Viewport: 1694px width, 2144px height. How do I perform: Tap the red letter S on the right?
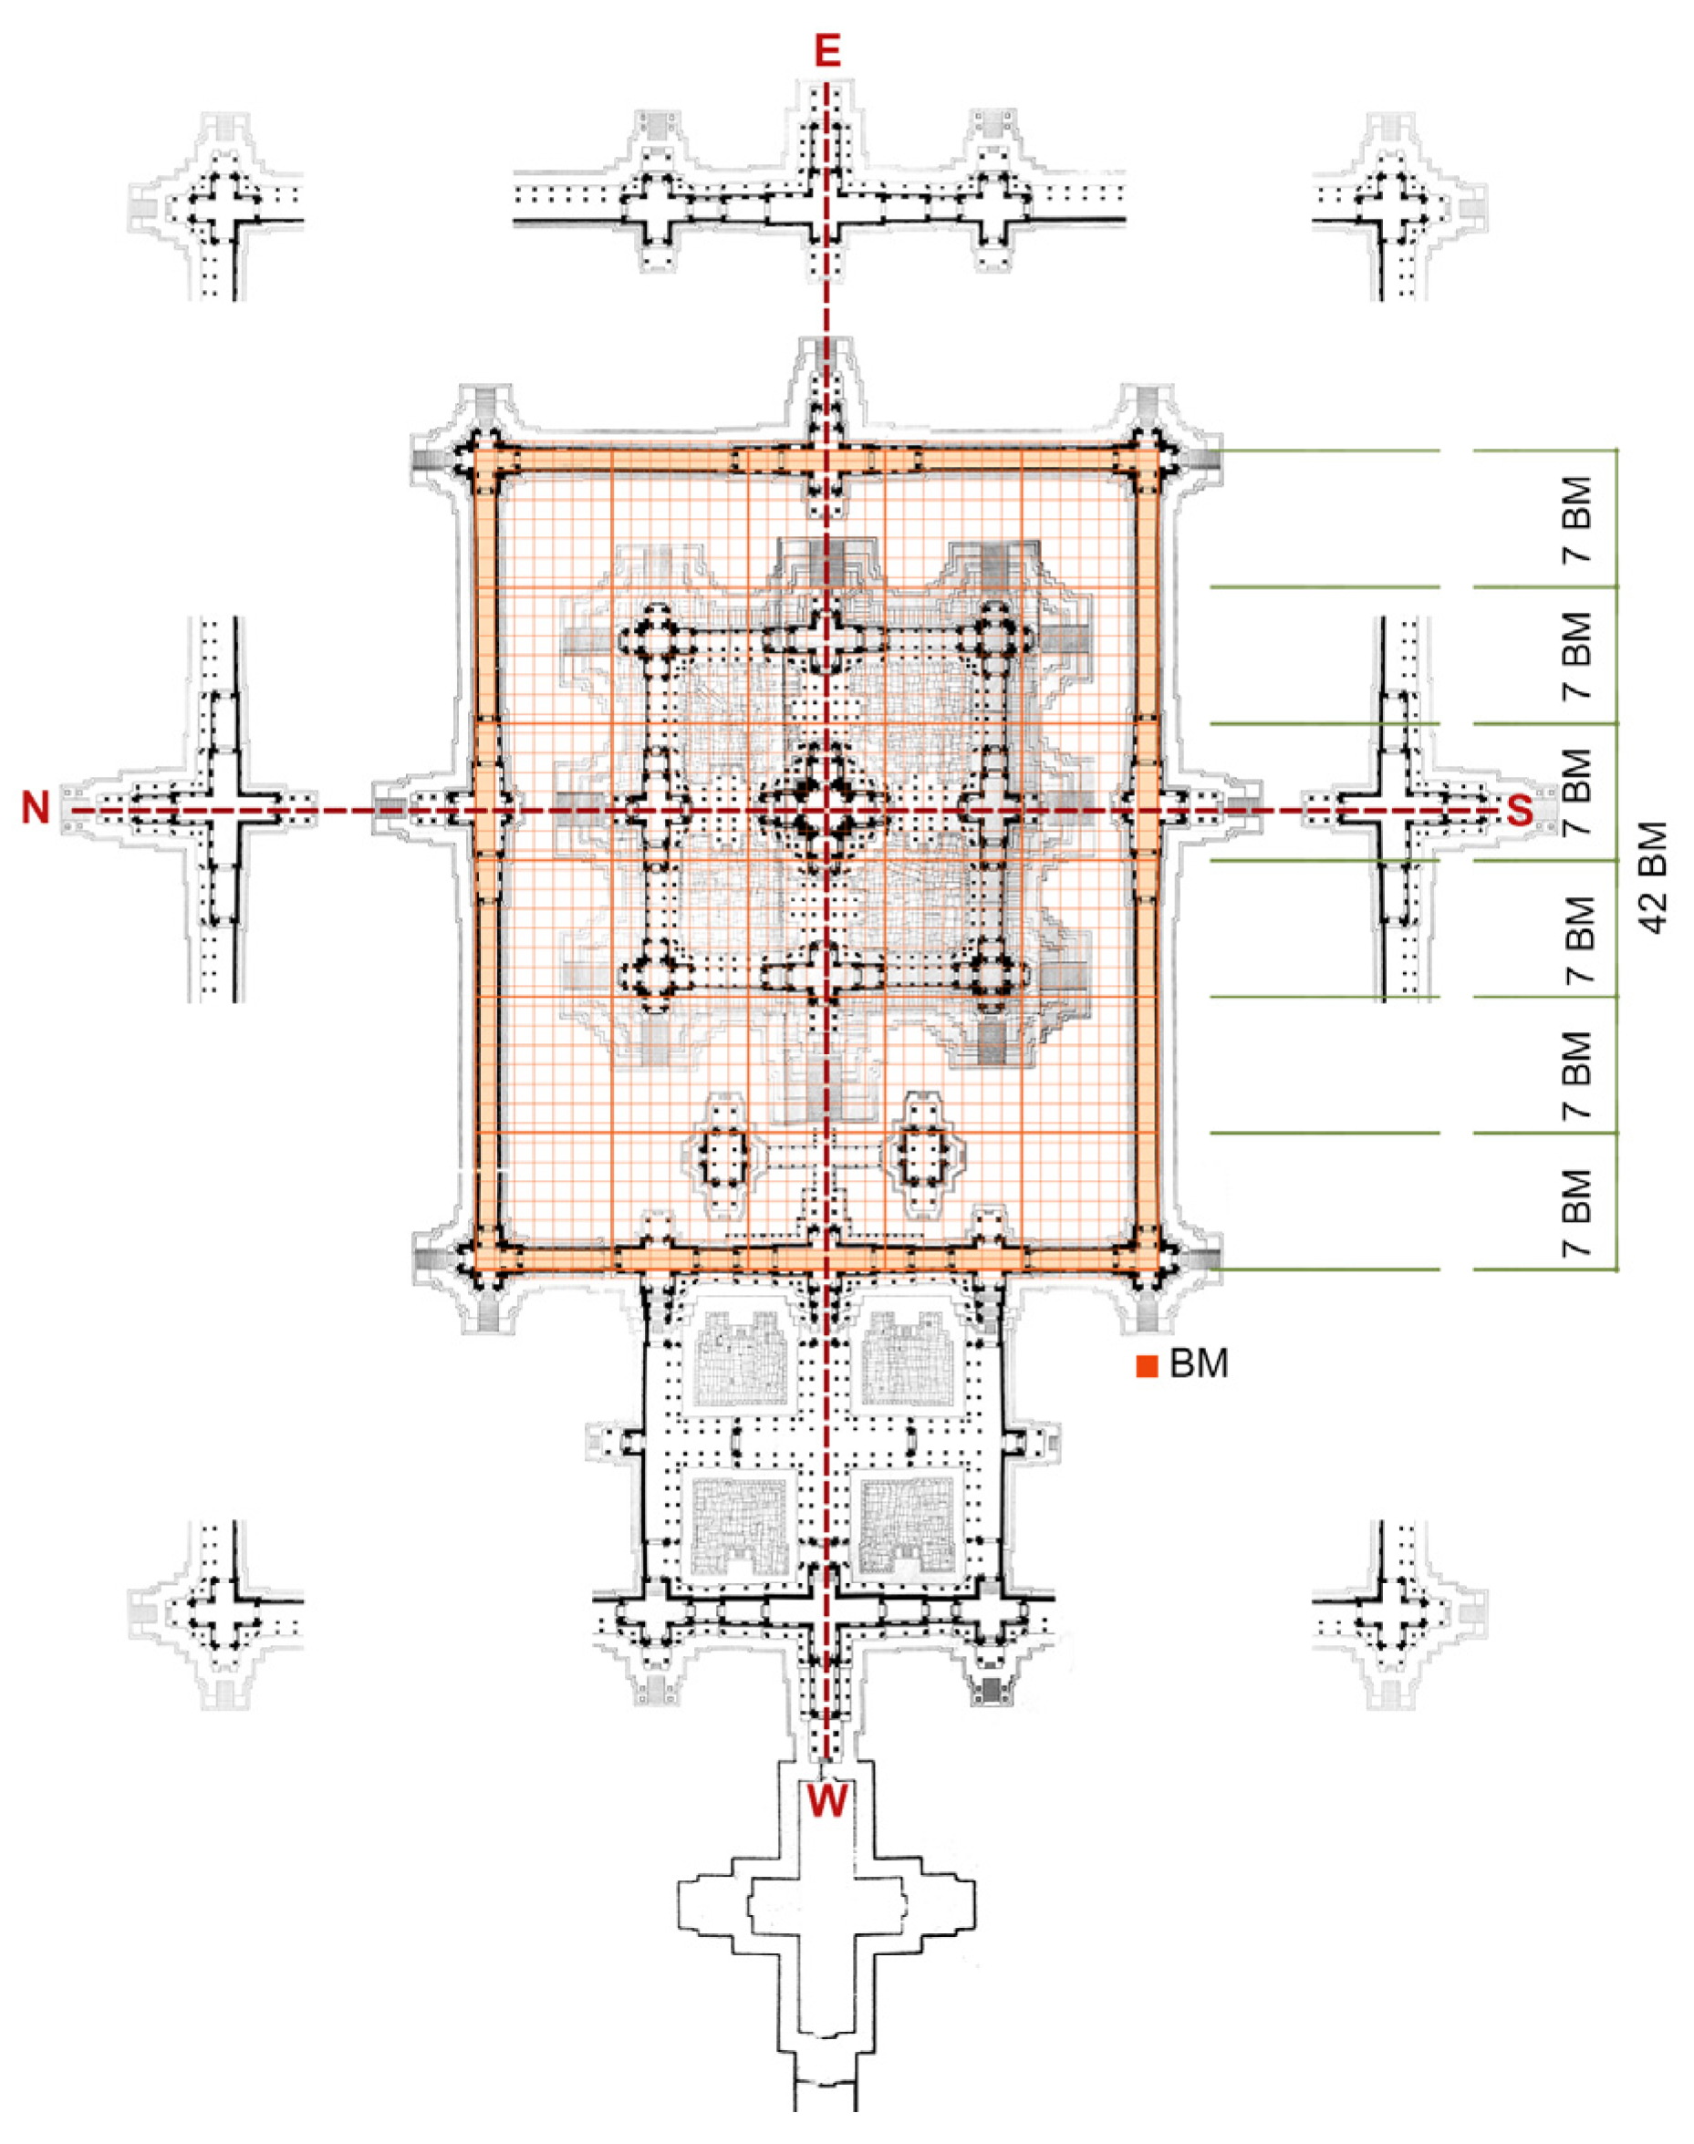pos(1520,812)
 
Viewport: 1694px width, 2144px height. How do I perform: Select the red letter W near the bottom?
pos(826,1799)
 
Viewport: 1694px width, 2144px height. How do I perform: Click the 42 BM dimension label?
pos(1653,876)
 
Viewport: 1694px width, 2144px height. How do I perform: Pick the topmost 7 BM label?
pos(1577,520)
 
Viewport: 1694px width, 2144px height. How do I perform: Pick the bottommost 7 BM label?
pos(1577,1213)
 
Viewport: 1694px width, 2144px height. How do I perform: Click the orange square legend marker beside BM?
pos(1147,1366)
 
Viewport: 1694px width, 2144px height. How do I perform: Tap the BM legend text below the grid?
pos(1198,1364)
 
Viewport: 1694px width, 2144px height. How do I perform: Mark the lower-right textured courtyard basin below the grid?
pos(907,1525)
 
